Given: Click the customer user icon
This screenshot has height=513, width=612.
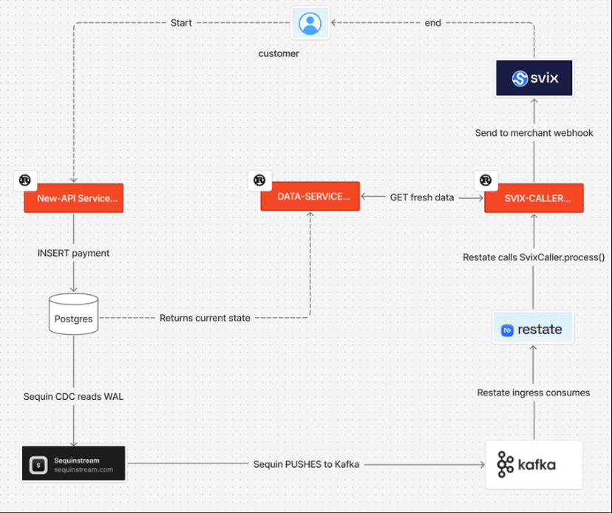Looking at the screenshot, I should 310,24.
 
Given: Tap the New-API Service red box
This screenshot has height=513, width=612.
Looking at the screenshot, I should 73,198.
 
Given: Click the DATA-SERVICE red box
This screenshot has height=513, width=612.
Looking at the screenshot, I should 310,197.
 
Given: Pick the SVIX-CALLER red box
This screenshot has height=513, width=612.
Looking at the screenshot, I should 534,198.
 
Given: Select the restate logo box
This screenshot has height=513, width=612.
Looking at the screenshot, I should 533,329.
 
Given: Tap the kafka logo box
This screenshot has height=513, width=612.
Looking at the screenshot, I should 534,465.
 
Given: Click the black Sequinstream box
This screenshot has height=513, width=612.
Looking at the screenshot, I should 73,463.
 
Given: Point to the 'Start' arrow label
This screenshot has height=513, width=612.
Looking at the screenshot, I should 181,23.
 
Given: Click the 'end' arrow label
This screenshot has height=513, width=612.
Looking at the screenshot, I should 433,23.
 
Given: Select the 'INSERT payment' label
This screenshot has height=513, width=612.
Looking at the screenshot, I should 73,253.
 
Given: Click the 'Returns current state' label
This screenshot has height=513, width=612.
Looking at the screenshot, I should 205,318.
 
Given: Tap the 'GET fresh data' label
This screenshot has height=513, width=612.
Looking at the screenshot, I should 422,197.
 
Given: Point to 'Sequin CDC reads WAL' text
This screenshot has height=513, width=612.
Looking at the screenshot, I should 73,397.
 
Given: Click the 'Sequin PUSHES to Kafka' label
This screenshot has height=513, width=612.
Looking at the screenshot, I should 306,464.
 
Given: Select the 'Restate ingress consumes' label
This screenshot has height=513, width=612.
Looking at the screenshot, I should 533,393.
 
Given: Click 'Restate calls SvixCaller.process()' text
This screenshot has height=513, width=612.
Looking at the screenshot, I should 534,257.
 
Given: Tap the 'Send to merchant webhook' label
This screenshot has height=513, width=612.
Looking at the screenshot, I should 534,132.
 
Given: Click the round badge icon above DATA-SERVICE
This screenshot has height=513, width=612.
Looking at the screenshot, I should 259,180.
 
